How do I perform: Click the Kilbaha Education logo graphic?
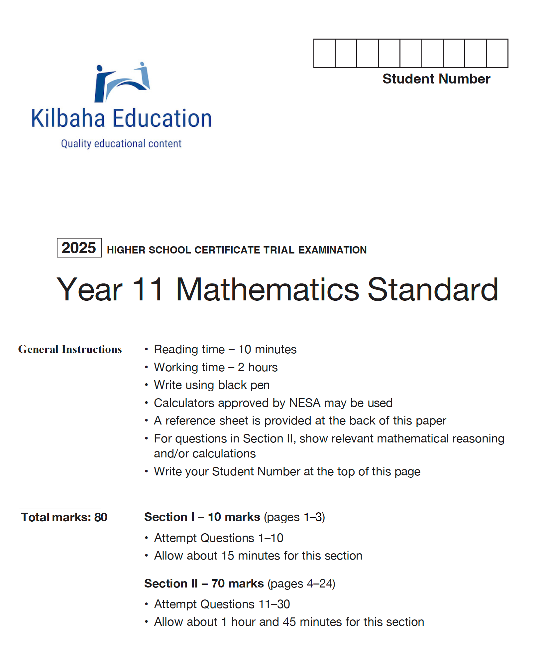122,82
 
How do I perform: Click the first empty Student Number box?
324,53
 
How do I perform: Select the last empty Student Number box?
497,53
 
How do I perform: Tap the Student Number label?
436,79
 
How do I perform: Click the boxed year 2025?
79,248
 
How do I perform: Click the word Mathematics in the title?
267,290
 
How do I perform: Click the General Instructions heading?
70,349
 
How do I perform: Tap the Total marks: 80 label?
64,517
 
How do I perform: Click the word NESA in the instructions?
305,403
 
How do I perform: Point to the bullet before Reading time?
146,349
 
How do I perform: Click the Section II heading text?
204,584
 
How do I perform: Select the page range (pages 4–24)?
301,584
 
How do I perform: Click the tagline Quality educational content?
121,144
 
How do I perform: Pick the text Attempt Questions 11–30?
222,604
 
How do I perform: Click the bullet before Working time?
146,367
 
